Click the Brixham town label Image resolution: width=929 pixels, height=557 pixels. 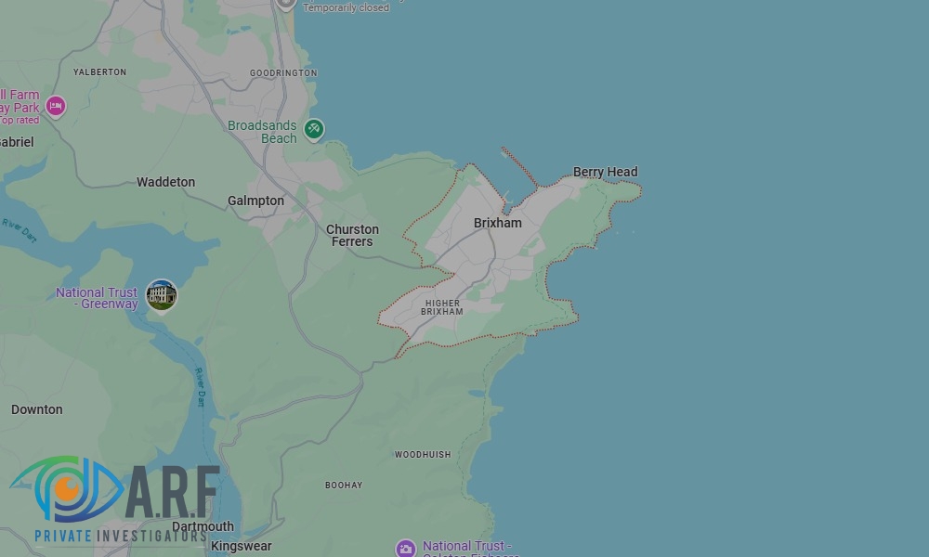(x=497, y=223)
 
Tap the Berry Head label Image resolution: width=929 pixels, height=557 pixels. (x=605, y=172)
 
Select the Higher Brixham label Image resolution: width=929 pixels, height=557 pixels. (x=441, y=307)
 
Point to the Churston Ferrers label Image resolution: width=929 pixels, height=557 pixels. (x=352, y=236)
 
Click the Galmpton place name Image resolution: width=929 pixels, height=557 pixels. (x=255, y=201)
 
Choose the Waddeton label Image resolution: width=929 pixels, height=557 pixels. (x=165, y=182)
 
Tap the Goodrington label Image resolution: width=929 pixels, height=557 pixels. (x=283, y=72)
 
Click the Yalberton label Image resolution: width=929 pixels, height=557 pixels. (x=99, y=71)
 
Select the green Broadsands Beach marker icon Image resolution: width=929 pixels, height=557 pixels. (x=314, y=129)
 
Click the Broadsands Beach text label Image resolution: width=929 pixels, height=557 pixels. (x=263, y=132)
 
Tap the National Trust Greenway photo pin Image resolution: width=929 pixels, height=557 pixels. (x=162, y=295)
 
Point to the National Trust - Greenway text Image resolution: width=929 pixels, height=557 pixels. (x=97, y=298)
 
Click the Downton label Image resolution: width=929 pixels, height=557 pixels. (x=37, y=409)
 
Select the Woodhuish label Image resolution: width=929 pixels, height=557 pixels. (x=423, y=455)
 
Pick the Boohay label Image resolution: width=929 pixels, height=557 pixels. (x=344, y=486)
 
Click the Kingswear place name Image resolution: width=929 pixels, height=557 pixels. (x=241, y=547)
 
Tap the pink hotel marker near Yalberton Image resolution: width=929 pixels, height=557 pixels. (x=56, y=106)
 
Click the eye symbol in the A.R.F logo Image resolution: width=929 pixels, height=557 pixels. (x=67, y=488)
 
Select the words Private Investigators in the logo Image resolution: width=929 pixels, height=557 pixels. (x=120, y=537)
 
